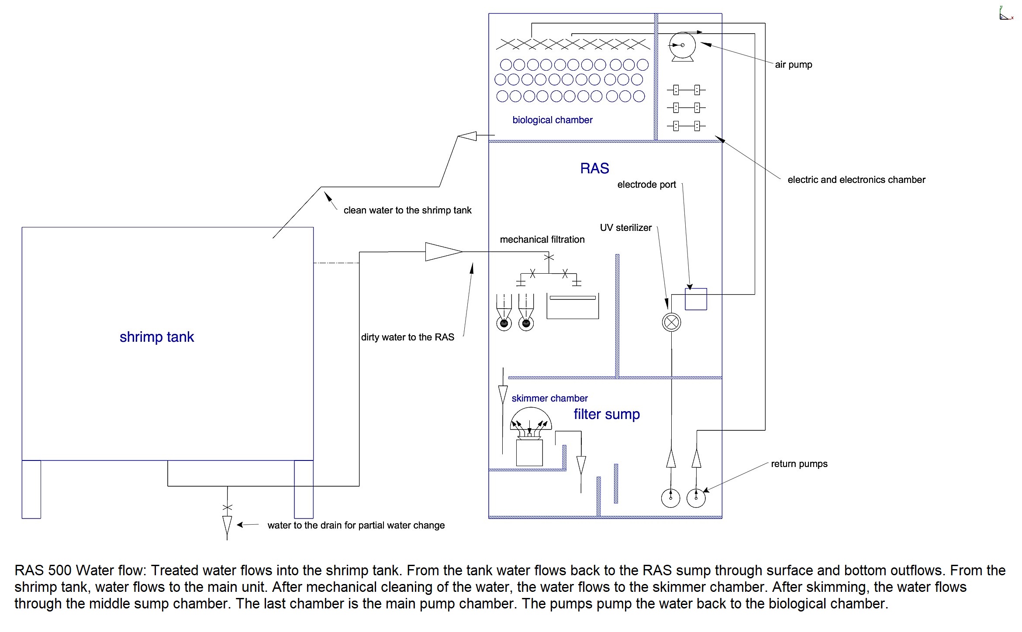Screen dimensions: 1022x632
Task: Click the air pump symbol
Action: pyautogui.click(x=682, y=46)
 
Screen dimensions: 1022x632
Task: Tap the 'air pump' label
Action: pyautogui.click(x=794, y=65)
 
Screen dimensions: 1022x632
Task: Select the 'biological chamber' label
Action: pyautogui.click(x=552, y=120)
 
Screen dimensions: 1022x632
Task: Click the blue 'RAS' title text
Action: pyautogui.click(x=594, y=168)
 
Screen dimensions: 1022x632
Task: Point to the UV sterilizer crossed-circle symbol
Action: pyautogui.click(x=671, y=323)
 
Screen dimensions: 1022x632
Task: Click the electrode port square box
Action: pyautogui.click(x=696, y=299)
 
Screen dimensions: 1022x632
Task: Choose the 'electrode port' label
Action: pyautogui.click(x=646, y=185)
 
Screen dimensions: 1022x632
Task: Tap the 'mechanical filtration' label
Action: pyautogui.click(x=542, y=239)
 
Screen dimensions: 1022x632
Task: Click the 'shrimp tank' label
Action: pyautogui.click(x=157, y=337)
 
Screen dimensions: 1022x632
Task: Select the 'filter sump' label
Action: pyautogui.click(x=607, y=414)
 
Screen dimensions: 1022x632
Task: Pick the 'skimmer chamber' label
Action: pyautogui.click(x=549, y=398)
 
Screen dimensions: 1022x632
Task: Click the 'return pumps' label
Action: pyautogui.click(x=799, y=464)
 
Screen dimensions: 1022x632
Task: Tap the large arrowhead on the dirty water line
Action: pyautogui.click(x=444, y=252)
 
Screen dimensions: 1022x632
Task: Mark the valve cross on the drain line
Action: pyautogui.click(x=227, y=507)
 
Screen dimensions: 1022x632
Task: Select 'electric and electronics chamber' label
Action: pyautogui.click(x=856, y=180)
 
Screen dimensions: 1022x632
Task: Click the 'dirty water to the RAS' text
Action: pyautogui.click(x=407, y=337)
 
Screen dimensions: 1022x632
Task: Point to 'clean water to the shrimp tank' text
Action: pyautogui.click(x=407, y=210)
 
